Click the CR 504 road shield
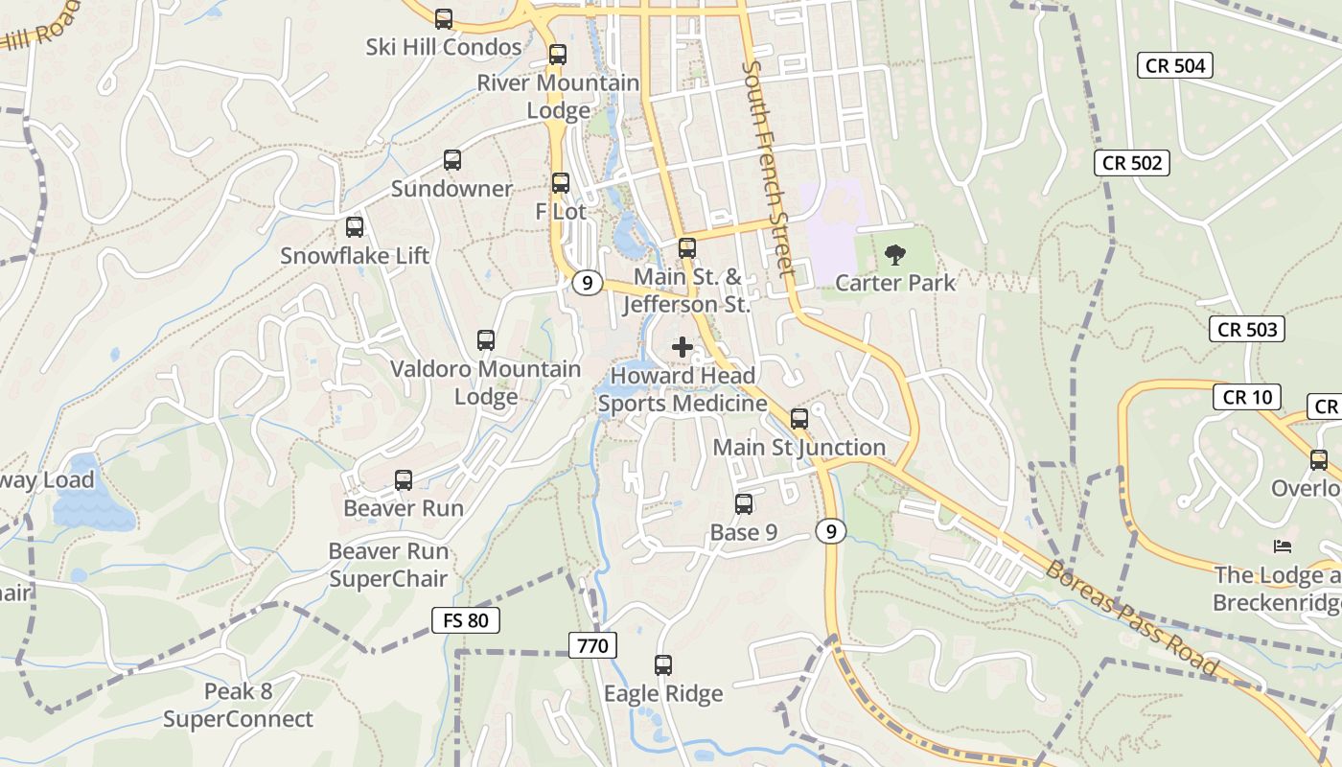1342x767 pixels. (x=1175, y=65)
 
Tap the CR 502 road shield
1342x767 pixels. (x=1132, y=163)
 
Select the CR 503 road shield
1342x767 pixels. (x=1247, y=330)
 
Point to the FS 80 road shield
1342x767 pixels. (x=466, y=620)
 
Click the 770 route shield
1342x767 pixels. (x=593, y=645)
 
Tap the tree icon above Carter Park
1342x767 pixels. (x=895, y=254)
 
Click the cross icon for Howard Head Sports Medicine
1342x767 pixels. (x=683, y=347)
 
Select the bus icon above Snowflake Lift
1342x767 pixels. (x=355, y=227)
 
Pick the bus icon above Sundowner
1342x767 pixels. (x=452, y=160)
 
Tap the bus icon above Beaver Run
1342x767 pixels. (x=404, y=480)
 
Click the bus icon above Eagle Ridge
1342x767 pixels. (x=663, y=664)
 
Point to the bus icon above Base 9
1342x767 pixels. (x=744, y=504)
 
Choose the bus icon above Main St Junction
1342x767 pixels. (x=799, y=419)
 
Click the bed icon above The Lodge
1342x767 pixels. (x=1283, y=546)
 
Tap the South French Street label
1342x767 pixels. (x=769, y=168)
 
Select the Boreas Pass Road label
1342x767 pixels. (x=1132, y=619)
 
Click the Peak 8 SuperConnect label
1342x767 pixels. (x=238, y=706)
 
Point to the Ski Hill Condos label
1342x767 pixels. (x=444, y=47)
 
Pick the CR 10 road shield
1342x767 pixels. (x=1247, y=396)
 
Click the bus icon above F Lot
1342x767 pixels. (x=561, y=182)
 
